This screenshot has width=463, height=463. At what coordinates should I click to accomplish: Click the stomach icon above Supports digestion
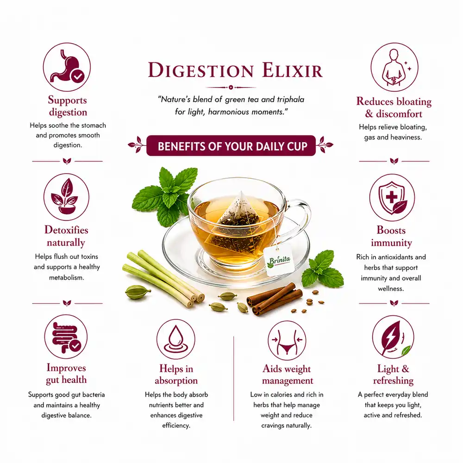[67, 67]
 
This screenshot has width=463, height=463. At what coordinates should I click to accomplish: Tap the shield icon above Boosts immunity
[392, 197]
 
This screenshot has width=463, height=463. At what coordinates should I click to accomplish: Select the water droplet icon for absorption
[175, 339]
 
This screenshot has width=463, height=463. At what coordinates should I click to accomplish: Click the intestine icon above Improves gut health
[66, 337]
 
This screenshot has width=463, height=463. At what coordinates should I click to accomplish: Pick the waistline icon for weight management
[287, 340]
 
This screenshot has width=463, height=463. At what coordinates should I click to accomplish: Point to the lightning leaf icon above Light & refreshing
[393, 337]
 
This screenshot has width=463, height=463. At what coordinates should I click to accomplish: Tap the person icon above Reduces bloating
[394, 67]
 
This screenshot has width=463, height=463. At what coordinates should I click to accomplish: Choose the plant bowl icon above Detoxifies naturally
[66, 197]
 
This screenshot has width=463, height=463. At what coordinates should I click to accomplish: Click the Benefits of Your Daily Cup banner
[231, 145]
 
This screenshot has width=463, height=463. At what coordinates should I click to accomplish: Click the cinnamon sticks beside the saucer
[274, 299]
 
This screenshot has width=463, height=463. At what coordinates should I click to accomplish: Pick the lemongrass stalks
[163, 278]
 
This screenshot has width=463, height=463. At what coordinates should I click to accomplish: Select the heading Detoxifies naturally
[66, 236]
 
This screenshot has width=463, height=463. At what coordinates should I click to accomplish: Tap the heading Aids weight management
[287, 375]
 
